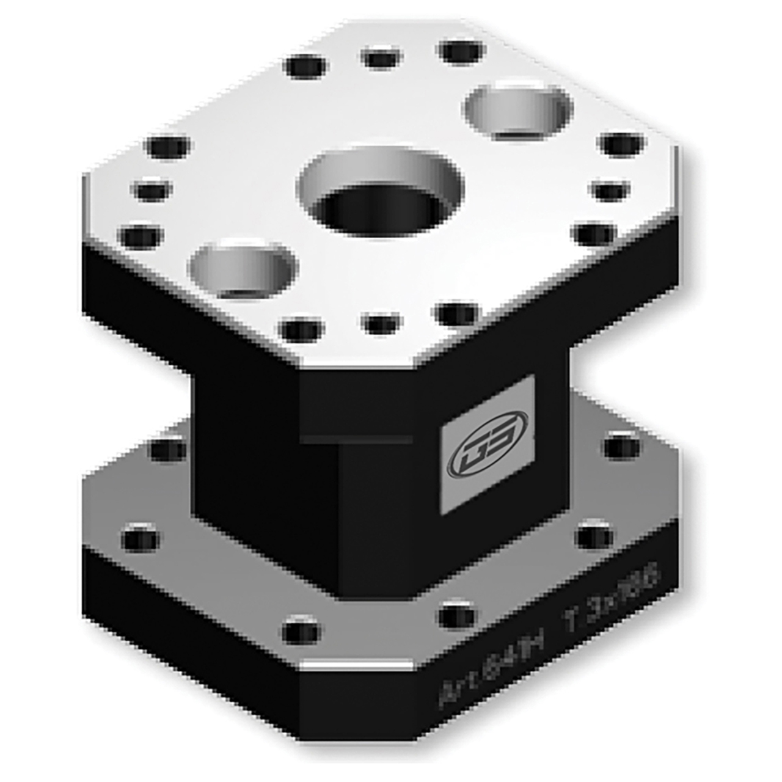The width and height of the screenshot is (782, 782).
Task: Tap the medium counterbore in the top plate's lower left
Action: click(243, 269)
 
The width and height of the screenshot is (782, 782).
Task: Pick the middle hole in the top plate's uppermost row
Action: click(381, 59)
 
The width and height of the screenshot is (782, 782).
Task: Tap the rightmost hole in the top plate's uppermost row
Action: click(462, 53)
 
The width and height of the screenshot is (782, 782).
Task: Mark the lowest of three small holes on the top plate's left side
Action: click(141, 236)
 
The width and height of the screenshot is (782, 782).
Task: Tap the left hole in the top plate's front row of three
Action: click(301, 331)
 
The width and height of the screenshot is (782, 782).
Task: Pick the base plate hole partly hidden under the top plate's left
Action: click(169, 450)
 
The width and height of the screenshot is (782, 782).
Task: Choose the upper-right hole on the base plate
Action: click(622, 448)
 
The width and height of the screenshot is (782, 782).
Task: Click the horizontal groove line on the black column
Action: click(356, 439)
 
